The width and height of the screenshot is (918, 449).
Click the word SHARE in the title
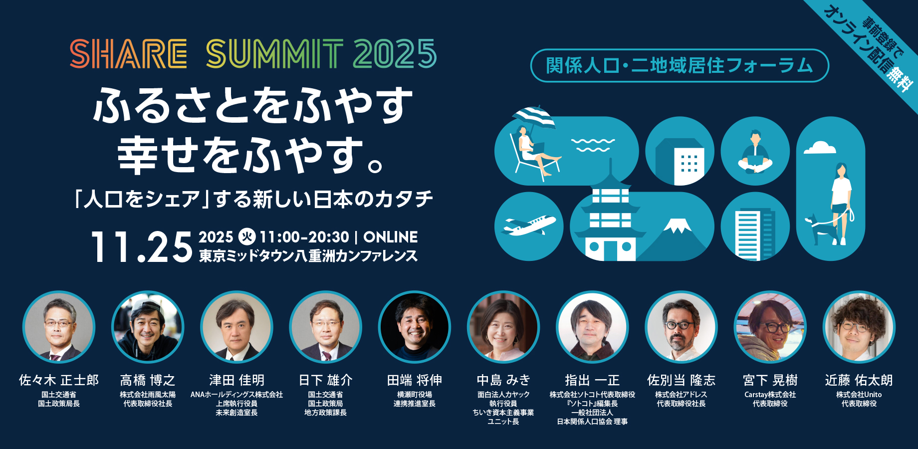coord(128,54)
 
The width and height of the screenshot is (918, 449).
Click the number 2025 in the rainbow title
coord(395,54)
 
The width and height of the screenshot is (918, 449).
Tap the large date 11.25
coord(142,246)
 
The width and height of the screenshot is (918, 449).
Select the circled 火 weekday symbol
coord(247,236)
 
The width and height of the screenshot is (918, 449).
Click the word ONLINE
coord(391,237)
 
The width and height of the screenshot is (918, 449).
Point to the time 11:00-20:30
coord(304,237)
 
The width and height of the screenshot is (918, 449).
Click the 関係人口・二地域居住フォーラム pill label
coord(680,65)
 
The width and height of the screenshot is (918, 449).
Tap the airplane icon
coord(529,225)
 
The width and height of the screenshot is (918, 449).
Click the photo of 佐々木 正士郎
coord(59,327)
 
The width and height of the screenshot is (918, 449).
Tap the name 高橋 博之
coord(148,380)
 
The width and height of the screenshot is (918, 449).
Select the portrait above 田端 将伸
coord(415,327)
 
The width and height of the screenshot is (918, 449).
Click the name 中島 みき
coord(503,380)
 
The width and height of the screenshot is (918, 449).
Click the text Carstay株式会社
coord(770,395)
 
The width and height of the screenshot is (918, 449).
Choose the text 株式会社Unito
coord(859,395)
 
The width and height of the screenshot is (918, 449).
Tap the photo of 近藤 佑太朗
coord(859,327)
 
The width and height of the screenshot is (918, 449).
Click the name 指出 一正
coord(592,380)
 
